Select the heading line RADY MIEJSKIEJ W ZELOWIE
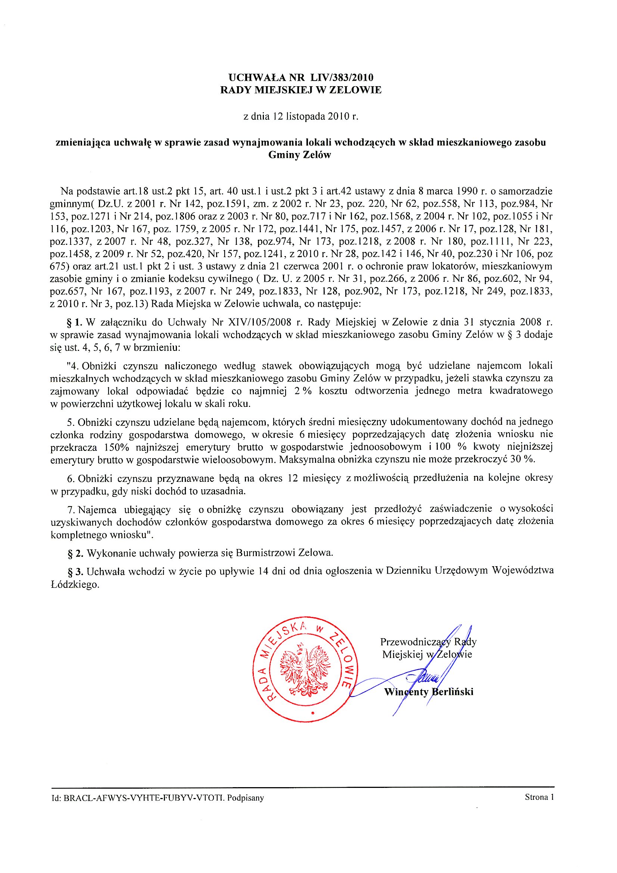click(301, 90)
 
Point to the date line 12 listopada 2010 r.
click(301, 116)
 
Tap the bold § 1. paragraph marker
click(75, 322)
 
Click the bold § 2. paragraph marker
click(75, 553)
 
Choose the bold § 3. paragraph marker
click(75, 571)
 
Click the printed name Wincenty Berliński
click(429, 692)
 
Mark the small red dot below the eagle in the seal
click(312, 714)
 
